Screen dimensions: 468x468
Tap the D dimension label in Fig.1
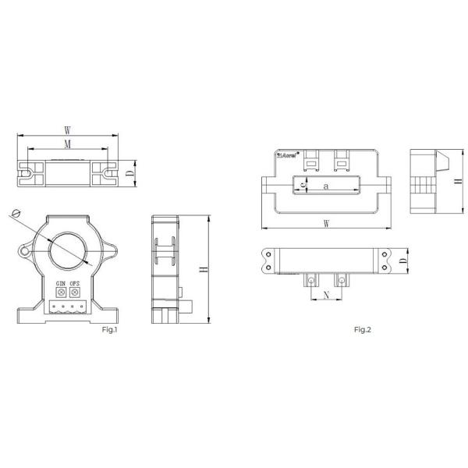[129, 172]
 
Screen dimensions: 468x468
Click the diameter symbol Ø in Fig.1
[16, 212]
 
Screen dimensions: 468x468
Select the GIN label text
[59, 283]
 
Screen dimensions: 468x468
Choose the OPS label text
[75, 283]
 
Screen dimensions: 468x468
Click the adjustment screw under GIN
[59, 292]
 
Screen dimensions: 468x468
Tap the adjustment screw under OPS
[75, 292]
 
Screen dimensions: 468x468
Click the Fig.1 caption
[109, 330]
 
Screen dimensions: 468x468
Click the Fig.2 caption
[363, 330]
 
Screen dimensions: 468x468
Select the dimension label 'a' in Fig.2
[325, 186]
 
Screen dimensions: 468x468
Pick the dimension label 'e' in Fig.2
[303, 186]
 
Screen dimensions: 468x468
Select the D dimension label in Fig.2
[402, 261]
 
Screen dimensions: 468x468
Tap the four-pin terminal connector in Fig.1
[66, 307]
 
